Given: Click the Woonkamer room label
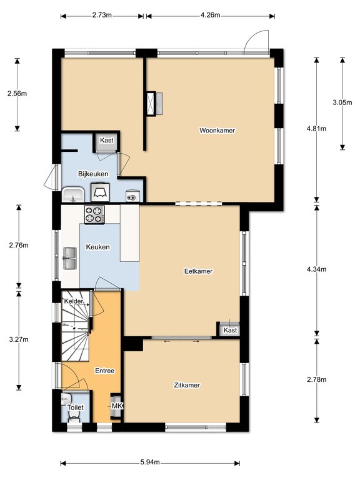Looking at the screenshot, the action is [217, 131].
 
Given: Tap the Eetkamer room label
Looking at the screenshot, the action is [198, 271].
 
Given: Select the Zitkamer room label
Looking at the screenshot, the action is [187, 385].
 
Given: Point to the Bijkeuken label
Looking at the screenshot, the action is [93, 174].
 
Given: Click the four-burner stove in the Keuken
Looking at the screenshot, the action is [94, 214].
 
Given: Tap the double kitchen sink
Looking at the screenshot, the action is [70, 258].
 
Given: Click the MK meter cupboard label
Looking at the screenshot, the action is [117, 406].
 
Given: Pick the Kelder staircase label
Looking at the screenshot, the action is [74, 301].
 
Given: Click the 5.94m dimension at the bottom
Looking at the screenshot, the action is [150, 462].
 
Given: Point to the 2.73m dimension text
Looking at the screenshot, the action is [102, 15].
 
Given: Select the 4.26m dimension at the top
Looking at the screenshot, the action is [210, 15].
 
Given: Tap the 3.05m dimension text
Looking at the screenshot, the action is [342, 102].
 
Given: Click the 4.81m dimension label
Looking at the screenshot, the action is [316, 129].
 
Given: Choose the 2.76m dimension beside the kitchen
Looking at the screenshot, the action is [19, 245].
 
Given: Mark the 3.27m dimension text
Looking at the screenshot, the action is [19, 339].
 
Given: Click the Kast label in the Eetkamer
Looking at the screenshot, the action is [230, 330].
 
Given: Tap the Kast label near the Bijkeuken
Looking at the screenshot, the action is [106, 140].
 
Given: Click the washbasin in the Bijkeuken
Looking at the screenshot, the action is [73, 194].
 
